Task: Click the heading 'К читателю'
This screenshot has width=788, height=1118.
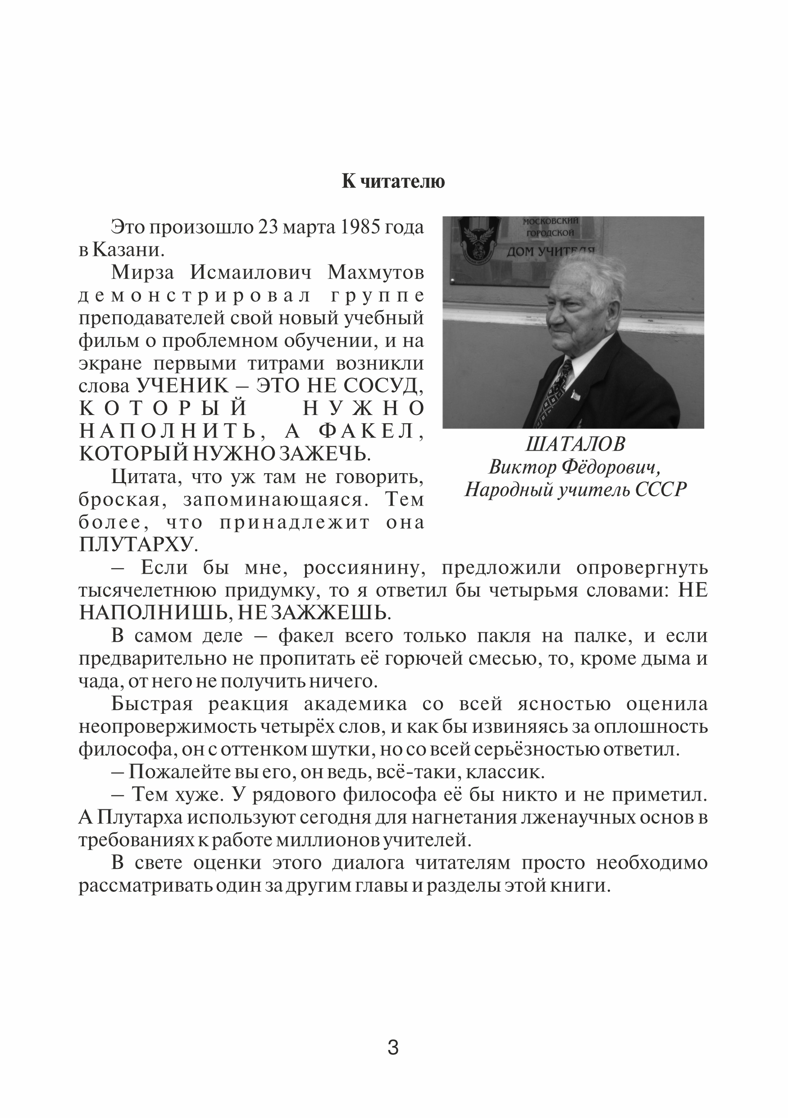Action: pos(393,181)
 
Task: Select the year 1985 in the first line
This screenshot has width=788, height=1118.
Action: pos(358,228)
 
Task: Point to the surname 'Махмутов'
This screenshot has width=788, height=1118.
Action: pos(375,273)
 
